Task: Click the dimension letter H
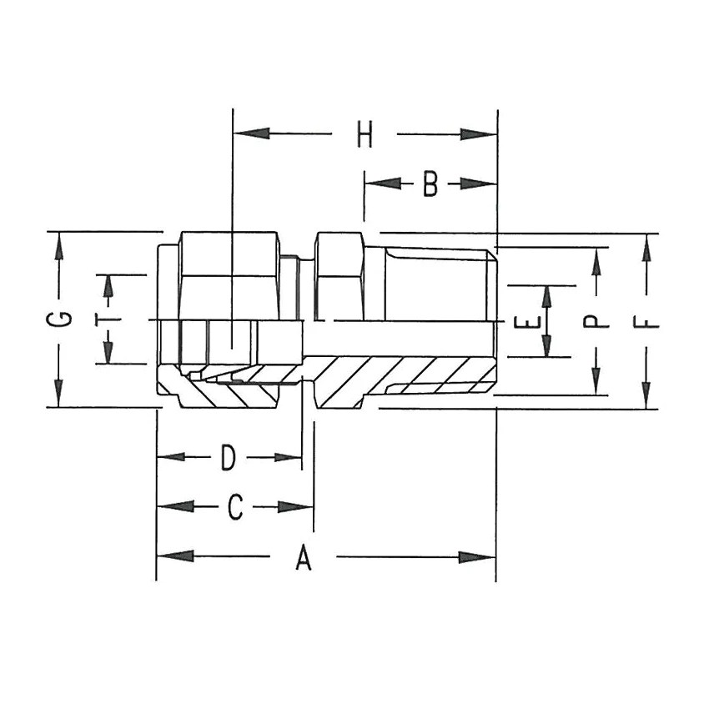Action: click(364, 134)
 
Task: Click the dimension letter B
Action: click(430, 184)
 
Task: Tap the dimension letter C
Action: click(235, 507)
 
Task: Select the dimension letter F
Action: click(649, 321)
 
